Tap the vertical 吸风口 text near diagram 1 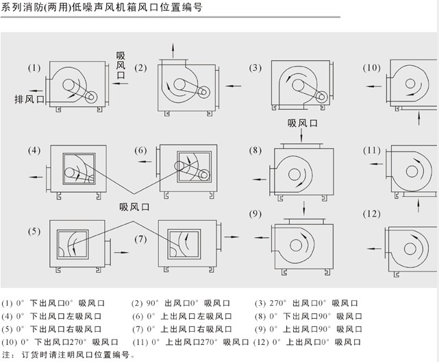(121, 65)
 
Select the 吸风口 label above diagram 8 (302, 123)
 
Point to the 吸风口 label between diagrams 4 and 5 (134, 206)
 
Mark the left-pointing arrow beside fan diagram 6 (145, 162)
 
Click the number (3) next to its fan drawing (255, 68)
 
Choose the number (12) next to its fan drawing (371, 214)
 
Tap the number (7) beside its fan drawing (140, 239)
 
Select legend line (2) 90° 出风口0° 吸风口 (181, 303)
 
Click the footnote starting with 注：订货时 (68, 354)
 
